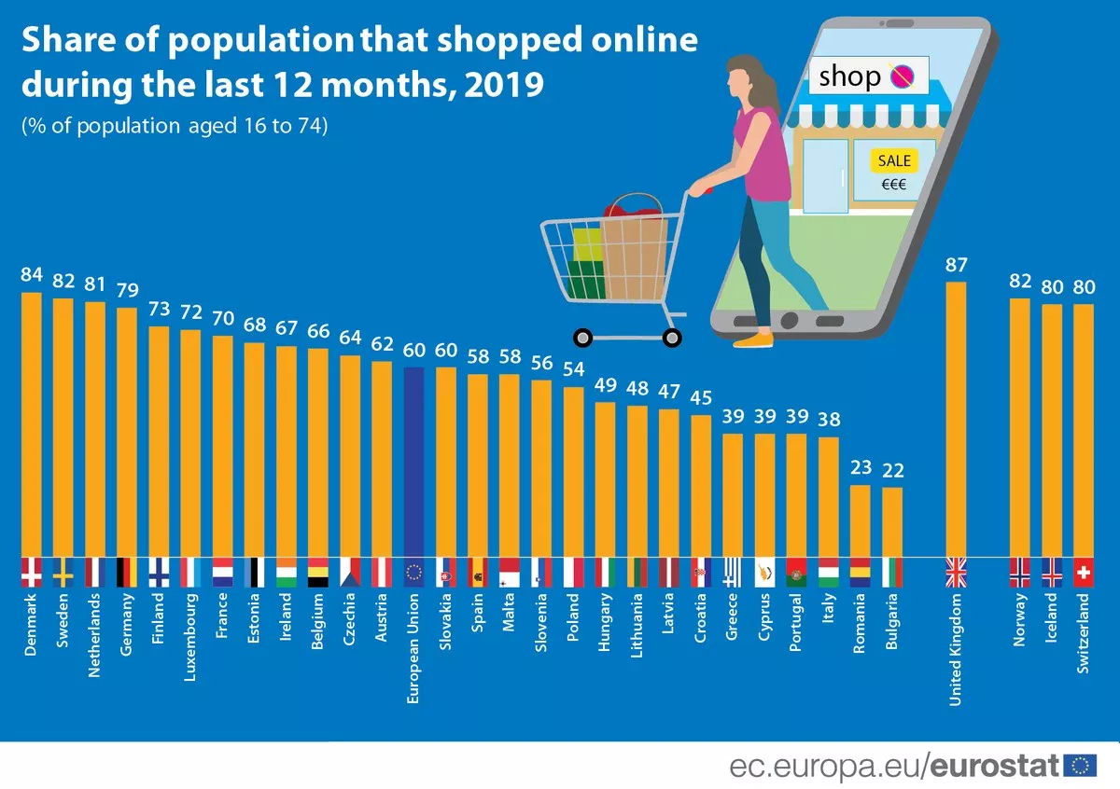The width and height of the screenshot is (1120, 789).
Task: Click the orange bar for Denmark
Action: coord(32,424)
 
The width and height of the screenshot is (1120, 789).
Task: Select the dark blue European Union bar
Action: coord(414,462)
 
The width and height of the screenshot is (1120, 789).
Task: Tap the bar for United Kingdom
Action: coord(957,420)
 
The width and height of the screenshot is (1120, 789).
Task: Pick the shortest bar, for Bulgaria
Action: coord(892,522)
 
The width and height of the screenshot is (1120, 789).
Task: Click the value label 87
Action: coord(957,265)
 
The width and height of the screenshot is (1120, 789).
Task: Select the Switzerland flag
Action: coord(1084,573)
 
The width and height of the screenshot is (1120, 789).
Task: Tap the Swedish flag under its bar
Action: coord(63,573)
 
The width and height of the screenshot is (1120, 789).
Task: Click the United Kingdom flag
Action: coord(957,573)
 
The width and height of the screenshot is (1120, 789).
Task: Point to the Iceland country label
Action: coord(1052,621)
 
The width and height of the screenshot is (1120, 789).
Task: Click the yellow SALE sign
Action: coord(893,160)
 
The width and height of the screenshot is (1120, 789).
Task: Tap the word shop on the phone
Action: coord(849,76)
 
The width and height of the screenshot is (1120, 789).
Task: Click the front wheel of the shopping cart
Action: coord(670,337)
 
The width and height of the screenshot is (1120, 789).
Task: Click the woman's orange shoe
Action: coord(753,340)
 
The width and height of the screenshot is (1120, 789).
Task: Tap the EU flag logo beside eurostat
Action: coord(1081,766)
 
